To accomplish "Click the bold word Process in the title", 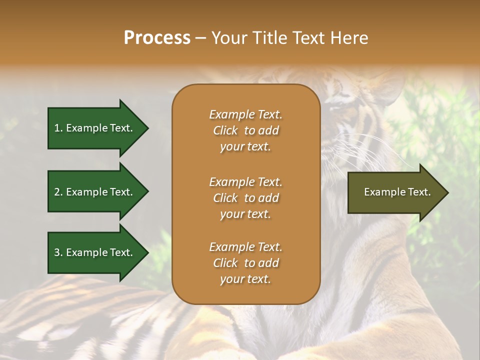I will pyautogui.click(x=157, y=38).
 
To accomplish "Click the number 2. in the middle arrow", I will pyautogui.click(x=58, y=192).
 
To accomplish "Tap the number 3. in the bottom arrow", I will pyautogui.click(x=58, y=252).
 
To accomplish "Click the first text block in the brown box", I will pyautogui.click(x=245, y=130).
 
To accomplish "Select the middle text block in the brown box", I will pyautogui.click(x=245, y=198).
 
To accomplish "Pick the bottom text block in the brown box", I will pyautogui.click(x=245, y=263).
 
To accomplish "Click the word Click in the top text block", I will pyautogui.click(x=225, y=130).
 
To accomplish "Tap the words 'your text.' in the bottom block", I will pyautogui.click(x=245, y=279).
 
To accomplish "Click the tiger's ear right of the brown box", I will pyautogui.click(x=387, y=85).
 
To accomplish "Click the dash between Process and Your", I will pyautogui.click(x=201, y=38).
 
